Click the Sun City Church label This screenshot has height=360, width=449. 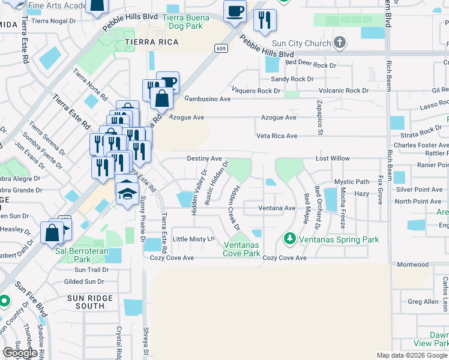pos(301,43)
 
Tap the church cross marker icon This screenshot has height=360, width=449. pos(340,43)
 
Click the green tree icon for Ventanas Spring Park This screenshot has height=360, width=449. pos(290,239)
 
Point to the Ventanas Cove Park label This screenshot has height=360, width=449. pos(242,249)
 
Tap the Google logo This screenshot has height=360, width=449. pos(20,352)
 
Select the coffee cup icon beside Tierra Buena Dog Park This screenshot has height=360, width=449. pos(235,11)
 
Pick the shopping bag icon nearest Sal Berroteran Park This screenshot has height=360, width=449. pos(52,232)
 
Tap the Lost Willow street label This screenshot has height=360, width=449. pos(333,158)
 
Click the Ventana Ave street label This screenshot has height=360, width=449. pos(277,208)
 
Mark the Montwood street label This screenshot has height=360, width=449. pos(413,265)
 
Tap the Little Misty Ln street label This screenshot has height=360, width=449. pos(193,239)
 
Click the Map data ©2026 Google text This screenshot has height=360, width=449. pos(411,355)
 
